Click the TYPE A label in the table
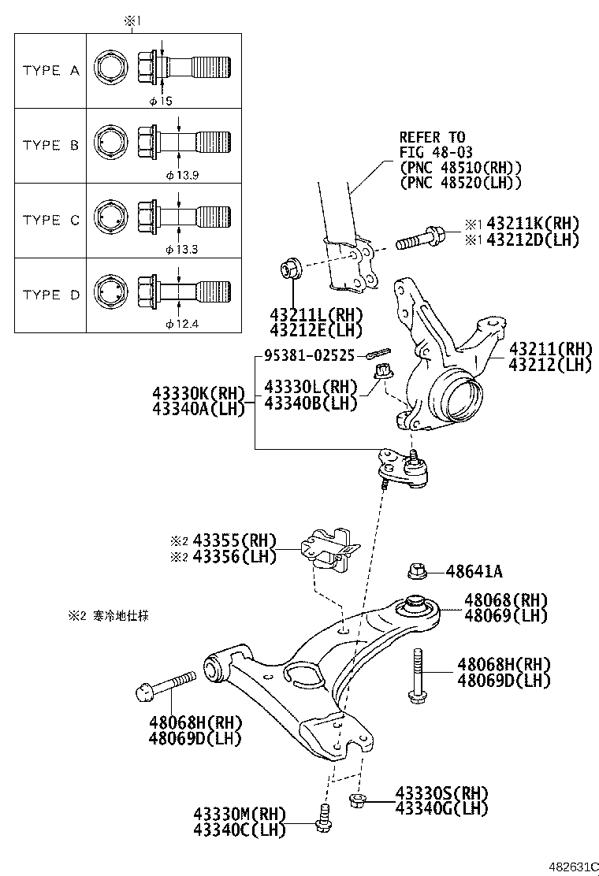(51, 70)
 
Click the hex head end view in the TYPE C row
(108, 220)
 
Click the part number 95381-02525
(311, 356)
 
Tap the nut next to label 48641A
(419, 570)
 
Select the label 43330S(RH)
(441, 792)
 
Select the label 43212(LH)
(549, 365)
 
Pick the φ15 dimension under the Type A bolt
(161, 100)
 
